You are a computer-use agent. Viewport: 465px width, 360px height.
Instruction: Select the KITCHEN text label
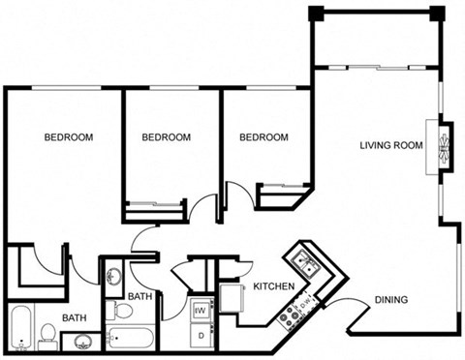pyautogui.click(x=273, y=287)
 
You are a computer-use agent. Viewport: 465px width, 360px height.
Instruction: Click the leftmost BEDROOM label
pyautogui.click(x=69, y=137)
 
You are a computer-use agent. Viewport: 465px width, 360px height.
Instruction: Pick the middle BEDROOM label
pyautogui.click(x=166, y=137)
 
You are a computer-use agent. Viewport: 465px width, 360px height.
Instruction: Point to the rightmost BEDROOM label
pyautogui.click(x=264, y=137)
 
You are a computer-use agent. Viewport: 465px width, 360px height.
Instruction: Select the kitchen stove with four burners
pyautogui.click(x=288, y=315)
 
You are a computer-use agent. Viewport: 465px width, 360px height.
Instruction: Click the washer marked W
pyautogui.click(x=201, y=311)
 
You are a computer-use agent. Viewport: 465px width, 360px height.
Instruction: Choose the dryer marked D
pyautogui.click(x=201, y=336)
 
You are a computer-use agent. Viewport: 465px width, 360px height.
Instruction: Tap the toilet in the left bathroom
pyautogui.click(x=47, y=335)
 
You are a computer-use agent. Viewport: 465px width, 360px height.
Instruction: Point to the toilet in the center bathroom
pyautogui.click(x=122, y=311)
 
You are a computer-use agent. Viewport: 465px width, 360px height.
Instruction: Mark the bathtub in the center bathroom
pyautogui.click(x=130, y=339)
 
